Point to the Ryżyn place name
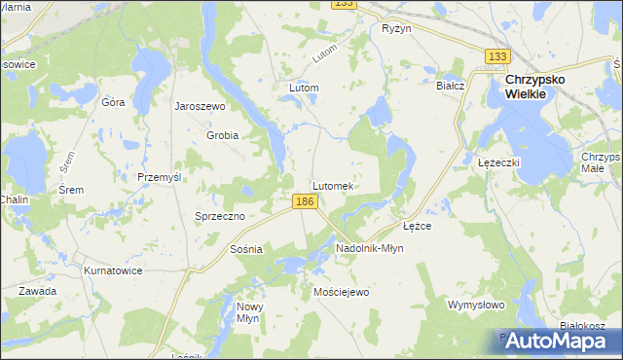[x=397, y=29]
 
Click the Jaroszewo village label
[x=200, y=106]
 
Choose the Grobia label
[x=222, y=135]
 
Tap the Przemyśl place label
[x=161, y=177]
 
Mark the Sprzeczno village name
[x=219, y=216]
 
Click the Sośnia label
[x=246, y=249]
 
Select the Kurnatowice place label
[x=114, y=270]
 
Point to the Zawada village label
[x=36, y=291]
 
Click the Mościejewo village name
[x=342, y=292]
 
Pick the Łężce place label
[x=418, y=225]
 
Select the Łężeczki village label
[x=500, y=162]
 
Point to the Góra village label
[x=113, y=102]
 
